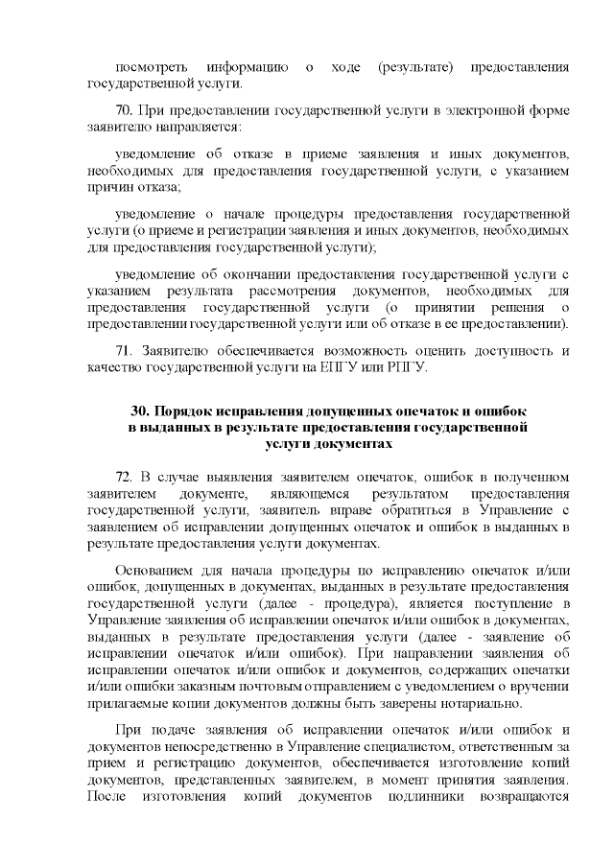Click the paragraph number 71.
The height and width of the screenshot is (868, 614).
[x=124, y=350]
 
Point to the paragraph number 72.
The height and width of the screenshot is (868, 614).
[x=124, y=477]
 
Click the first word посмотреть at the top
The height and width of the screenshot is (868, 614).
[x=150, y=67]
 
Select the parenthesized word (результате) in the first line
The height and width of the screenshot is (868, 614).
[x=413, y=67]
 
